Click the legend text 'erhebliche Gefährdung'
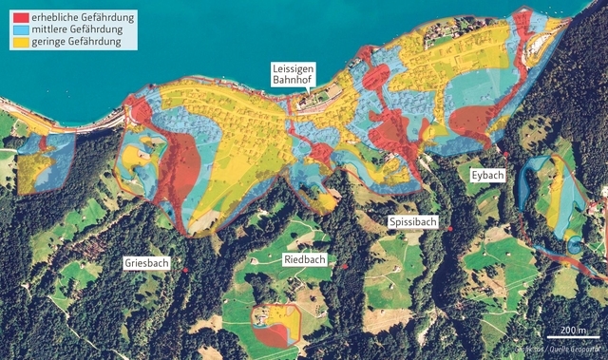point(83,17)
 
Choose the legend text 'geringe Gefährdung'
point(76,42)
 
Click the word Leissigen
point(294,69)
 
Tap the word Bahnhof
point(294,82)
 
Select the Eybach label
point(486,176)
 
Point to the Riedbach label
point(305,259)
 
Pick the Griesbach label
point(146,262)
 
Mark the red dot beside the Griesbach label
point(185,271)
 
